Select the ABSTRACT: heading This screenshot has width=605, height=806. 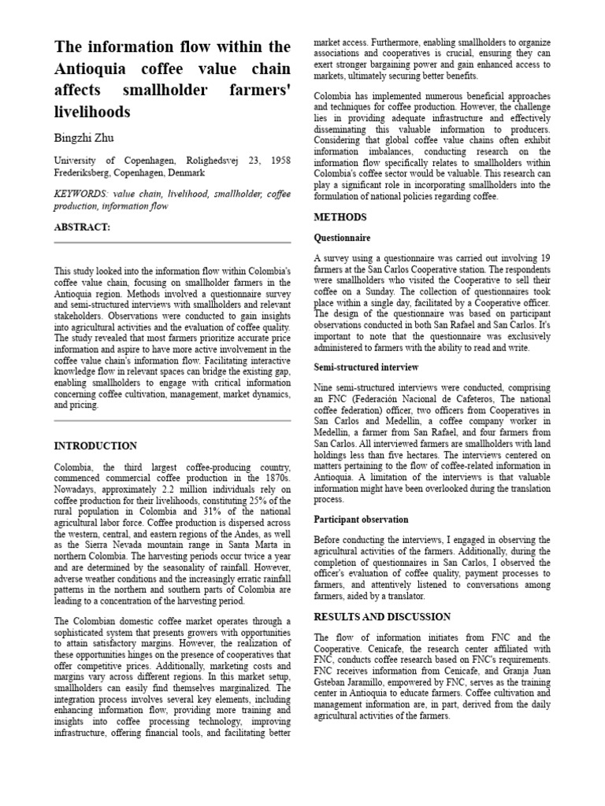pyautogui.click(x=83, y=227)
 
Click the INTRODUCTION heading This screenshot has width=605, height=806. pyautogui.click(x=95, y=446)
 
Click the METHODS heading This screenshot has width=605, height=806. pyautogui.click(x=340, y=216)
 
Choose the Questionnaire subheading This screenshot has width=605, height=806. pyautogui.click(x=342, y=238)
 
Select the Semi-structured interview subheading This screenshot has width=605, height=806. pyautogui.click(x=366, y=368)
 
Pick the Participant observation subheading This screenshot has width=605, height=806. pyautogui.click(x=361, y=519)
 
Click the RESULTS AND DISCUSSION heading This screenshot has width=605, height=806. pyautogui.click(x=382, y=617)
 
